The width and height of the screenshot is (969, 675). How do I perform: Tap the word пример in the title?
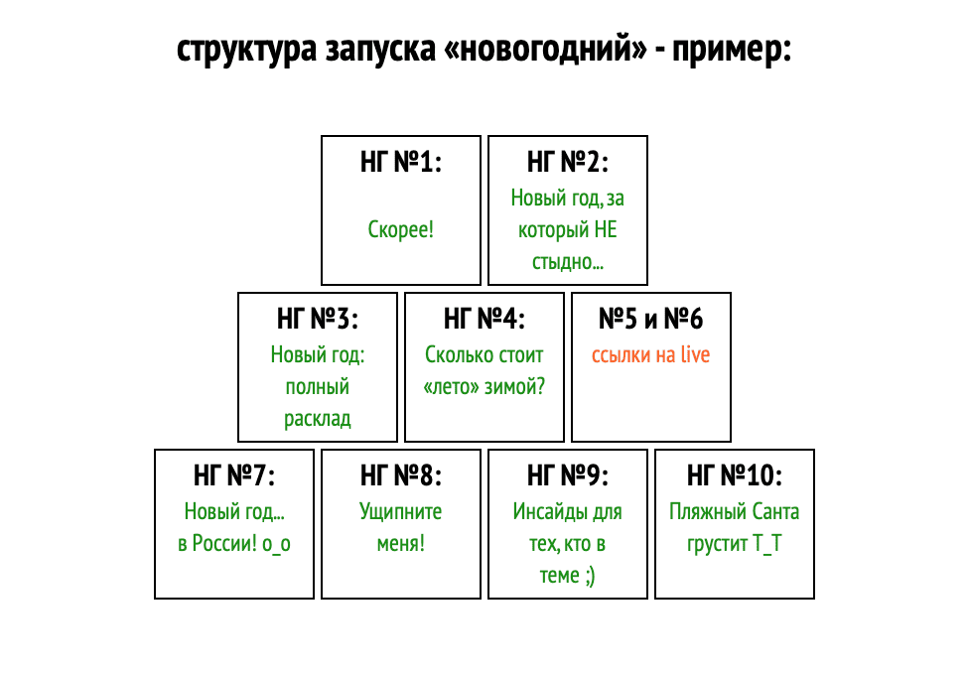click(729, 51)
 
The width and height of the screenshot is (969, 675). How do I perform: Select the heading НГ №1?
click(401, 162)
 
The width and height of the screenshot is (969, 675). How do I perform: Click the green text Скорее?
click(400, 229)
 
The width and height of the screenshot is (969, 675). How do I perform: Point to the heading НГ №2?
click(567, 162)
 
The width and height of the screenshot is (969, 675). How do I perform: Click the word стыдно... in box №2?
click(567, 262)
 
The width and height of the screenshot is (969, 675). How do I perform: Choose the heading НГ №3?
click(318, 319)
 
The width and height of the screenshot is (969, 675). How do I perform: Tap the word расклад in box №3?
click(317, 419)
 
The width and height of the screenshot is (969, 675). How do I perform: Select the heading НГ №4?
click(484, 319)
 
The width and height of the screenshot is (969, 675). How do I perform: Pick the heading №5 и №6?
click(650, 319)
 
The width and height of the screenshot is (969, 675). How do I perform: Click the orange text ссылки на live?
click(650, 354)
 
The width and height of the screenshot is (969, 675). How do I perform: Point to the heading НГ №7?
click(234, 475)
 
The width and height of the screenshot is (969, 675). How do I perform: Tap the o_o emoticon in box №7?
click(276, 545)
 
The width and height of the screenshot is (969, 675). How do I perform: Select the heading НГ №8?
click(401, 475)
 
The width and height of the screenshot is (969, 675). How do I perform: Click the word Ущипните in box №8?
click(400, 512)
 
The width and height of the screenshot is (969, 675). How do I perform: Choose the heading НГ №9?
click(567, 475)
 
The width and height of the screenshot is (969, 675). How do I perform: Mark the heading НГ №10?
click(734, 475)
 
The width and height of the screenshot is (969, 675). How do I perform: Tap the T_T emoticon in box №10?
click(766, 545)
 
